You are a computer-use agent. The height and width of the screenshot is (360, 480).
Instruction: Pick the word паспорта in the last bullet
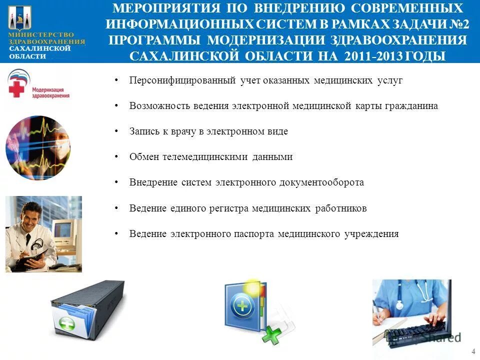254,234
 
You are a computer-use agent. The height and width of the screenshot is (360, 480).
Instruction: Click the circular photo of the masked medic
38,148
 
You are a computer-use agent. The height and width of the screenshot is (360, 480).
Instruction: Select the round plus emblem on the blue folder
242,305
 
